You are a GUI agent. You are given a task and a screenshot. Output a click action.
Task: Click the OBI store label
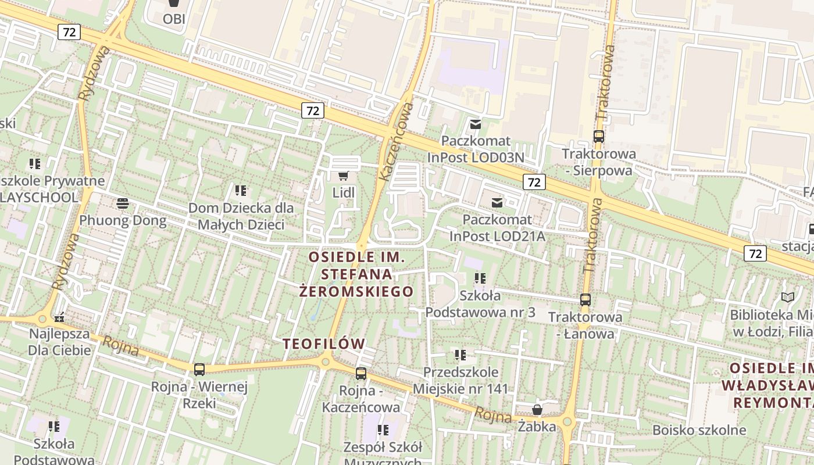173,19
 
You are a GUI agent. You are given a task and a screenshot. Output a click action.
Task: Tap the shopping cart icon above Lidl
344,175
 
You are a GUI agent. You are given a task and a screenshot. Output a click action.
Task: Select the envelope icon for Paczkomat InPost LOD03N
476,124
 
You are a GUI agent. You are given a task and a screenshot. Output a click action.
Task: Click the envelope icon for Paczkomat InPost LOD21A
497,202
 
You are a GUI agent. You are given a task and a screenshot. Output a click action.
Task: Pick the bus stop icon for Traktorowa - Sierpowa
598,137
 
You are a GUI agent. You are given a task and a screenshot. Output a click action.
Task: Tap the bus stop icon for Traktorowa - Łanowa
585,300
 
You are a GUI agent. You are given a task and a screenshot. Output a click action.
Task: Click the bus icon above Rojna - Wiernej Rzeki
199,369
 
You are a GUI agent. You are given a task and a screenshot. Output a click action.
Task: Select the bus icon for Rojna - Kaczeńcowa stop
361,374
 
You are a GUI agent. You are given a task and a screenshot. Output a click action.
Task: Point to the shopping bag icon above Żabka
537,410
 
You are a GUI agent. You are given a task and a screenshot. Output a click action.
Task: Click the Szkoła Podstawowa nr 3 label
480,303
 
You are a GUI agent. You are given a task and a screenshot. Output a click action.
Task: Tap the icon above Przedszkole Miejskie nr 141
460,355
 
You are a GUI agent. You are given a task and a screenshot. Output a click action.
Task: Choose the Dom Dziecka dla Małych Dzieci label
241,216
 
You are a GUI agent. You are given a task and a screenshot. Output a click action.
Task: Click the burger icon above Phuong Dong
123,203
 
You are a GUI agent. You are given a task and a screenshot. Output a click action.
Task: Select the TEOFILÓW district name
324,344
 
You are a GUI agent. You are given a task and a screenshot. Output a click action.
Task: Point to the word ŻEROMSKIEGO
356,291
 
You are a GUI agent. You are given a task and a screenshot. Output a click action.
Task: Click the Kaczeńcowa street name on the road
395,141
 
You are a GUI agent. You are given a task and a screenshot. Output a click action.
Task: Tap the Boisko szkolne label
699,430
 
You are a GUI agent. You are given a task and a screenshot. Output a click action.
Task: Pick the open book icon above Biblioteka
788,298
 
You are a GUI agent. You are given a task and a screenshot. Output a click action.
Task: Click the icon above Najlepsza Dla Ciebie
59,317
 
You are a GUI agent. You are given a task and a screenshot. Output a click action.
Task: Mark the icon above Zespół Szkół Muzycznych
383,430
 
